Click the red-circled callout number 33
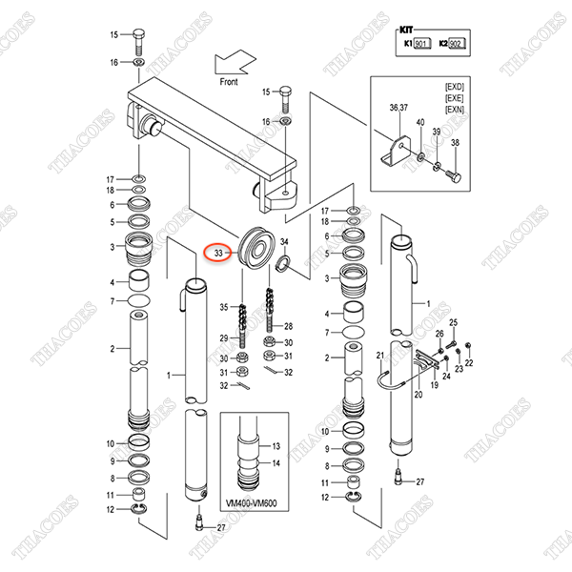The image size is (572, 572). (x=218, y=253)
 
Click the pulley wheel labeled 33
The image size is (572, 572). (x=256, y=248)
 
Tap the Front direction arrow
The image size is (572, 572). (x=235, y=62)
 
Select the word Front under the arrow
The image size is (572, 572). (x=229, y=82)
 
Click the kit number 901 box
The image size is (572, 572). (x=422, y=44)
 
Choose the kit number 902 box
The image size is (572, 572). (x=457, y=44)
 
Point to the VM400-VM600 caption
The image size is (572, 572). (x=251, y=503)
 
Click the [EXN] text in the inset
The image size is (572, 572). (x=454, y=110)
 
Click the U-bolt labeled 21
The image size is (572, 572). (x=390, y=381)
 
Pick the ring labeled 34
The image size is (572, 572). (x=284, y=264)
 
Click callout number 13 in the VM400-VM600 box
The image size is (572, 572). (x=276, y=446)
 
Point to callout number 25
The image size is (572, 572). (x=453, y=322)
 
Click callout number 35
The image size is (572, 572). (x=224, y=307)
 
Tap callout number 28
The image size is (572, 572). (x=288, y=326)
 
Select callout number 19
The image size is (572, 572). (x=434, y=385)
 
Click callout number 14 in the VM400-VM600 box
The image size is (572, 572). (x=276, y=463)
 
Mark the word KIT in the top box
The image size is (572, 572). (x=406, y=30)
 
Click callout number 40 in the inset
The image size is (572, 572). (x=420, y=122)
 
